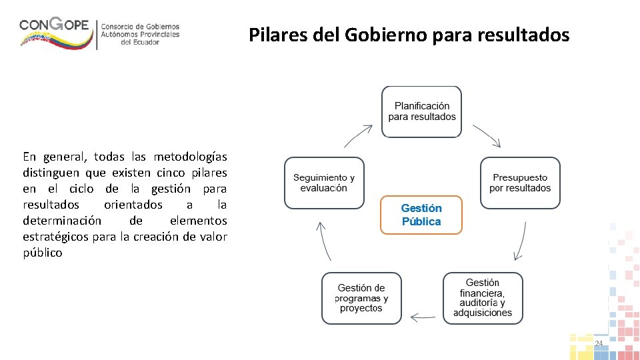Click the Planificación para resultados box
[x=421, y=111]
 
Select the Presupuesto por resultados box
[x=520, y=183]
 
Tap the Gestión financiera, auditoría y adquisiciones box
[x=483, y=298]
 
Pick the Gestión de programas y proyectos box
[x=361, y=298]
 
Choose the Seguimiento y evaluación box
[x=324, y=183]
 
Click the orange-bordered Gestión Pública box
[x=421, y=215]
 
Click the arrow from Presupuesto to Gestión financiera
[x=520, y=241]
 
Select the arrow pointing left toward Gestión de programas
[x=422, y=317]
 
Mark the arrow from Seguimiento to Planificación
[x=358, y=135]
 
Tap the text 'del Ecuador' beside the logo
[x=140, y=42]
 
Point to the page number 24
[x=598, y=343]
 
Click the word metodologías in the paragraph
[x=190, y=157]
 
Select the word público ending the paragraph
[x=42, y=253]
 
